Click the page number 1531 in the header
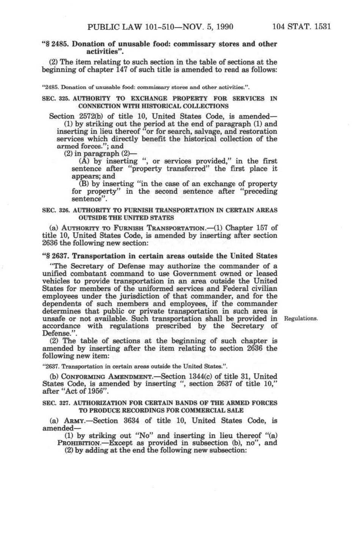click(321, 27)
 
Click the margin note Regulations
click(300, 318)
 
